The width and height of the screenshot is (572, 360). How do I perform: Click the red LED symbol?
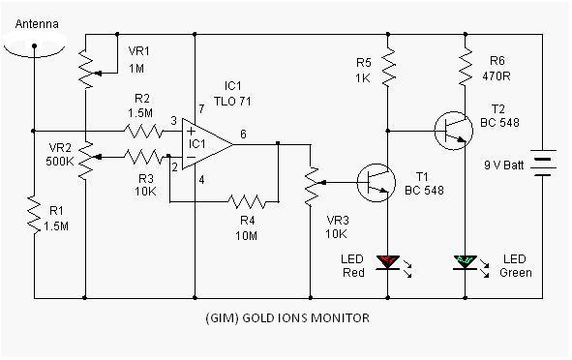tap(388, 262)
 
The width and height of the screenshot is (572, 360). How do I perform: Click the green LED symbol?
tap(466, 262)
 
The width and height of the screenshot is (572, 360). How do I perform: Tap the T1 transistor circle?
tap(376, 183)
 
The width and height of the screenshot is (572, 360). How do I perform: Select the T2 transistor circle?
tap(454, 131)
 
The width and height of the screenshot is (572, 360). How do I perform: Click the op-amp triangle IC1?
tap(207, 144)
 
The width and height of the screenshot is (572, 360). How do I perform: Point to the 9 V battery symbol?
tap(542, 163)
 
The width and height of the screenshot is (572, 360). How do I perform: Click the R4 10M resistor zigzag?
tap(247, 201)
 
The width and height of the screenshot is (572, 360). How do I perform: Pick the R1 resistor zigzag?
tap(34, 215)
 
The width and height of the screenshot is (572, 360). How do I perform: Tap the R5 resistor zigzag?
tap(388, 67)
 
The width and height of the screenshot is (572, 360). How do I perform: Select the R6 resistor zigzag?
tap(466, 67)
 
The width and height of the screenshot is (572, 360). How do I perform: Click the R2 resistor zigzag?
tap(143, 131)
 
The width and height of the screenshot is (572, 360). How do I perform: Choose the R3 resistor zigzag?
tap(143, 157)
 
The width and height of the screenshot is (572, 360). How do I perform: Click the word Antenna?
tap(37, 24)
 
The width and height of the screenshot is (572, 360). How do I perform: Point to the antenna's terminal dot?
tap(34, 45)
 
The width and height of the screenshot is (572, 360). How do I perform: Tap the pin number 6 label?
tap(243, 135)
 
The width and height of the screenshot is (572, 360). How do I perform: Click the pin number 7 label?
tap(201, 108)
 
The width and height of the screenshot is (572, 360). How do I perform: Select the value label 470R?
tap(497, 76)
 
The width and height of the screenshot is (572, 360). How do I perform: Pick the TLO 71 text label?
tap(232, 101)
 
